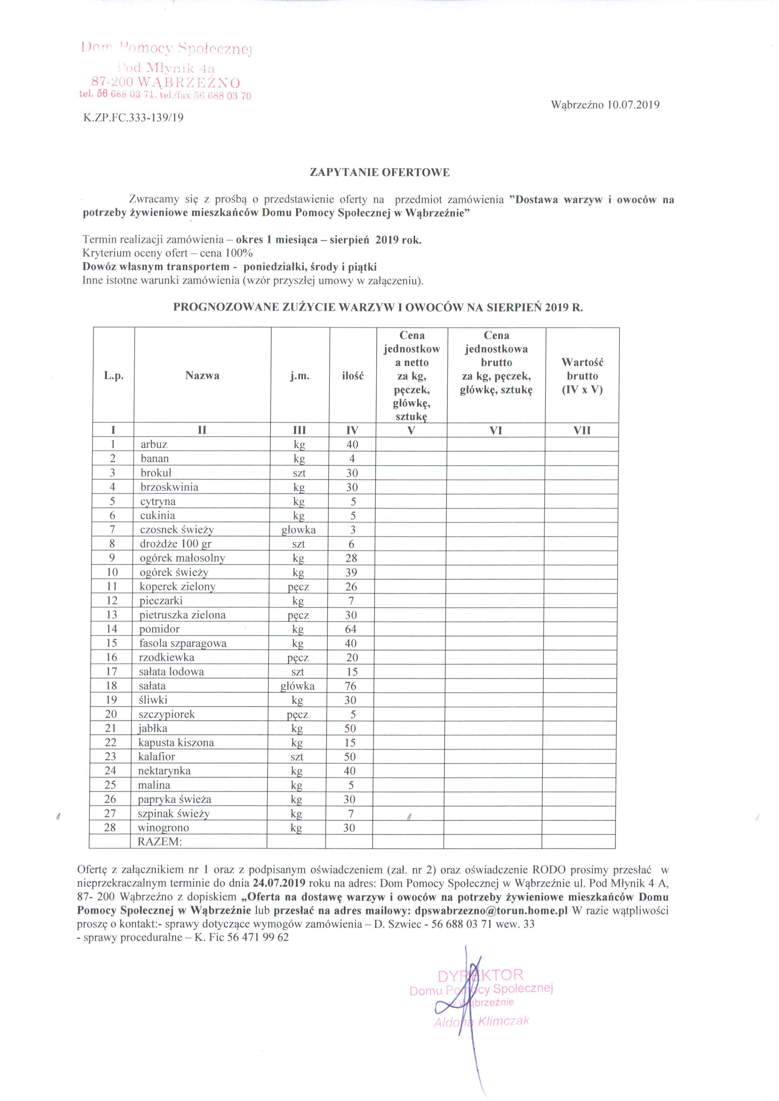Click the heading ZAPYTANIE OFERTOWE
coord(380,173)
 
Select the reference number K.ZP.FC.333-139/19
coord(133,117)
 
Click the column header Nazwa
coord(202,375)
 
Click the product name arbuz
coord(154,445)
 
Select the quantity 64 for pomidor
coord(351,629)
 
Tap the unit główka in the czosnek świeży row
coord(298,530)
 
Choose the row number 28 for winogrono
coord(110,828)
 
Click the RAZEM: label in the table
coord(160,842)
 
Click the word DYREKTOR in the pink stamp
coord(480,975)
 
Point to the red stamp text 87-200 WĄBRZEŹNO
coord(166,82)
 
